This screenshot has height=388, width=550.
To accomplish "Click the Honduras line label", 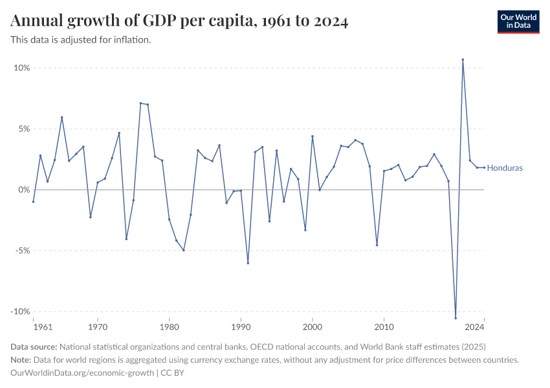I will (x=505, y=168).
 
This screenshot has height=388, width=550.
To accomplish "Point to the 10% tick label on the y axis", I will (x=21, y=68).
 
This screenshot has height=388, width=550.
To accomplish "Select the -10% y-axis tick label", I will (x=19, y=312).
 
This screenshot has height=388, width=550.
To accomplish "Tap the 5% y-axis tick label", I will (x=23, y=129).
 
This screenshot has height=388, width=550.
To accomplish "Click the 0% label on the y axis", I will (x=23, y=189).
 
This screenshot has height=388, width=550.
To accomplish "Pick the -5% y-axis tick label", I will (x=21, y=251).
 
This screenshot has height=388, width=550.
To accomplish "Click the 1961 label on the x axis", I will (x=42, y=327).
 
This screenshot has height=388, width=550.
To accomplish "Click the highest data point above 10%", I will (x=463, y=59).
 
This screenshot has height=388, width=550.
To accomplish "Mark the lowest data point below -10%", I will (x=456, y=318).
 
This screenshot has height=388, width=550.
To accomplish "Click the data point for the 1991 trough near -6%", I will (x=248, y=263).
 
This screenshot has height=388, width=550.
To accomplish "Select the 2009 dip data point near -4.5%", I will (x=377, y=245).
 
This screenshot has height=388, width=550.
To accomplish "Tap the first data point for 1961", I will (x=33, y=202).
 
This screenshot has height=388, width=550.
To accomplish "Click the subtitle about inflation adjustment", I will (x=81, y=40).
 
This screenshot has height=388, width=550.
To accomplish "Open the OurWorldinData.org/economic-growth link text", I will (x=82, y=372).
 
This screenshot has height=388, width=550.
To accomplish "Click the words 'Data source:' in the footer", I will (x=34, y=347).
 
